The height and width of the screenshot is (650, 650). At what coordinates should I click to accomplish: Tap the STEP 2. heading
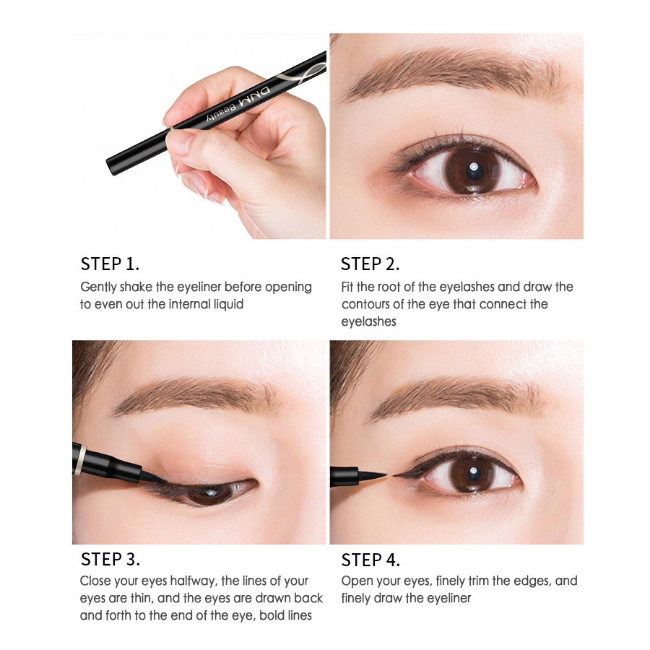[x=370, y=264]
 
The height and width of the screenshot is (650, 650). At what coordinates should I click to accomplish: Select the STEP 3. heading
[x=110, y=559]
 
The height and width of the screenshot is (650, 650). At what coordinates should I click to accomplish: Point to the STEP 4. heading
[x=370, y=560]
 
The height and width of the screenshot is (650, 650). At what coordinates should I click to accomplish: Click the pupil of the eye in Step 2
[x=472, y=170]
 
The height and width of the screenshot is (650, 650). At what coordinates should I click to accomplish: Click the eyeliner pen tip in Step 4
[x=378, y=476]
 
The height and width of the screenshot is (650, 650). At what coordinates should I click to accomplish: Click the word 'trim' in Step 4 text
[x=479, y=581]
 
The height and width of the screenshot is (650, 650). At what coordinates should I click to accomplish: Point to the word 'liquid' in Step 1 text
[x=225, y=304]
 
